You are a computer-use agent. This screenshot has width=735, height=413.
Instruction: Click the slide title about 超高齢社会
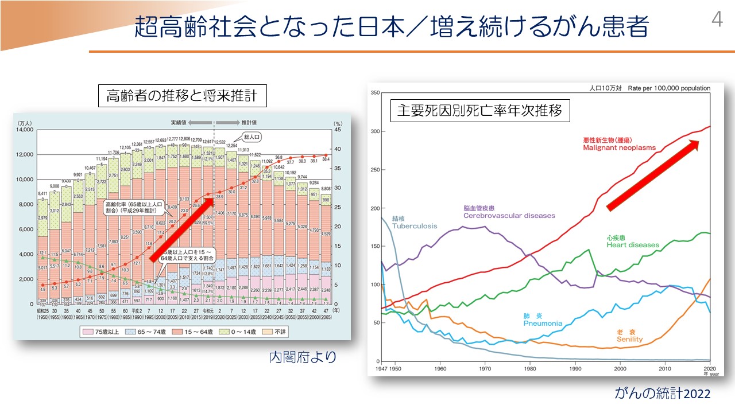(391, 27)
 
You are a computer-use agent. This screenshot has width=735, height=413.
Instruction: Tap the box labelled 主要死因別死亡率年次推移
(480, 110)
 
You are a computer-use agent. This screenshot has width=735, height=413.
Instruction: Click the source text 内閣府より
(302, 357)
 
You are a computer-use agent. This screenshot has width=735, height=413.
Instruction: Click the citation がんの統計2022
(662, 394)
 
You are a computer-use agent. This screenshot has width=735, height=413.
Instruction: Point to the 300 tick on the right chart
(375, 131)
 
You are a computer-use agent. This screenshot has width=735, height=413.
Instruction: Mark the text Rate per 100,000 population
(669, 88)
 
